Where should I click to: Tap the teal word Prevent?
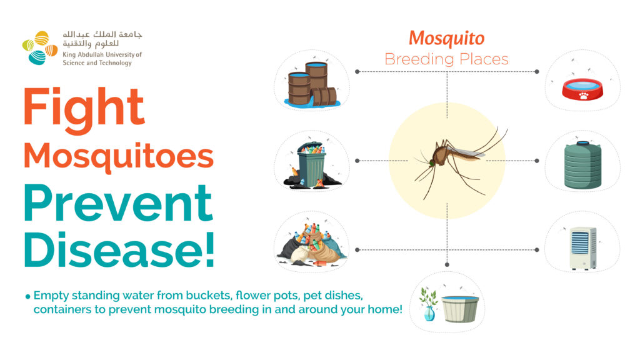(x=118, y=202)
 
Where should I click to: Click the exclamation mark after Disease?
(x=210, y=249)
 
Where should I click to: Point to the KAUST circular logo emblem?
(x=39, y=47)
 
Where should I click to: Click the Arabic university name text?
(x=102, y=39)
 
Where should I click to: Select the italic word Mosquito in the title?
(x=446, y=39)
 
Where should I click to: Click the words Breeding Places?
(x=446, y=59)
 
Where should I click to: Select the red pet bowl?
(x=582, y=89)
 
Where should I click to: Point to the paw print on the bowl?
(x=584, y=96)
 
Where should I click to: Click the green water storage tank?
(x=582, y=164)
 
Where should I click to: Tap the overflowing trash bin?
(x=311, y=165)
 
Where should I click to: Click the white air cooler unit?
(x=583, y=247)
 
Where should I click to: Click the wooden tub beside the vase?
(x=460, y=309)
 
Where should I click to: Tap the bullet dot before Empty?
(x=27, y=296)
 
